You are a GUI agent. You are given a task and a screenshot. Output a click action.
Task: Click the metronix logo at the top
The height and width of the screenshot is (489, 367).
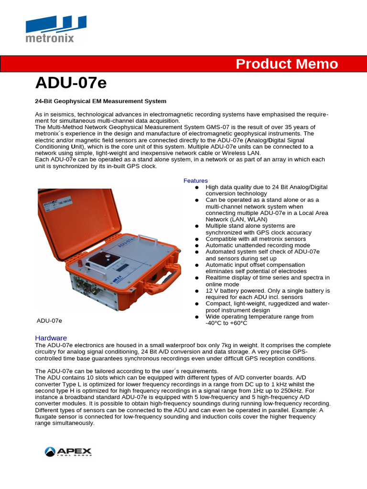pyautogui.click(x=56, y=29)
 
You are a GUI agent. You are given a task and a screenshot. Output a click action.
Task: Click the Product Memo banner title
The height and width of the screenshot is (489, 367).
pyautogui.click(x=287, y=64)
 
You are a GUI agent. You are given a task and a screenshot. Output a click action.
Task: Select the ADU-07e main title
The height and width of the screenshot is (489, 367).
pyautogui.click(x=71, y=83)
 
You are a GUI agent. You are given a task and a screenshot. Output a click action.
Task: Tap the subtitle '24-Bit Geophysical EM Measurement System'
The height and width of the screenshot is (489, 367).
pyautogui.click(x=101, y=101)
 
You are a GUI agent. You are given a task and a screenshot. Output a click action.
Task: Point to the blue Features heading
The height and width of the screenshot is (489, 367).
pyautogui.click(x=195, y=181)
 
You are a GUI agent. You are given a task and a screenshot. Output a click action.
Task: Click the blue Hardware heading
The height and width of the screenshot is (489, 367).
pyautogui.click(x=51, y=338)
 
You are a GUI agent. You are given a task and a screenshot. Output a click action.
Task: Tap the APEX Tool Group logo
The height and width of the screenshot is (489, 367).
pyautogui.click(x=68, y=451)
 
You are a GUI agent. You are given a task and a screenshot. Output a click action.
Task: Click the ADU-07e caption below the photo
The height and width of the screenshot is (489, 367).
pyautogui.click(x=50, y=320)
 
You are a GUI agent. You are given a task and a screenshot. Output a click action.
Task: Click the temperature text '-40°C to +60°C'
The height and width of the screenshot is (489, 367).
pyautogui.click(x=227, y=323)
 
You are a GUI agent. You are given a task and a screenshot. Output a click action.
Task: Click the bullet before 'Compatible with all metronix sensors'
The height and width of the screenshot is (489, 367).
pyautogui.click(x=197, y=239)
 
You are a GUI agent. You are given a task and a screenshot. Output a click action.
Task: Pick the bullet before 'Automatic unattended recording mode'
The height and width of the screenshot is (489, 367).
pyautogui.click(x=197, y=245)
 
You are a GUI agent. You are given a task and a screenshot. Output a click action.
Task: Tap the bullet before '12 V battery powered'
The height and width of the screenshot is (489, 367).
pyautogui.click(x=197, y=291)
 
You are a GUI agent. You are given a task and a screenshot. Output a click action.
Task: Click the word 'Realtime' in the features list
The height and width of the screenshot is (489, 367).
pyautogui.click(x=218, y=277)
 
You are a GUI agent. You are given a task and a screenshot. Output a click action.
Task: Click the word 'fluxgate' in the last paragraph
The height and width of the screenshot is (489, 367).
pyautogui.click(x=48, y=417)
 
